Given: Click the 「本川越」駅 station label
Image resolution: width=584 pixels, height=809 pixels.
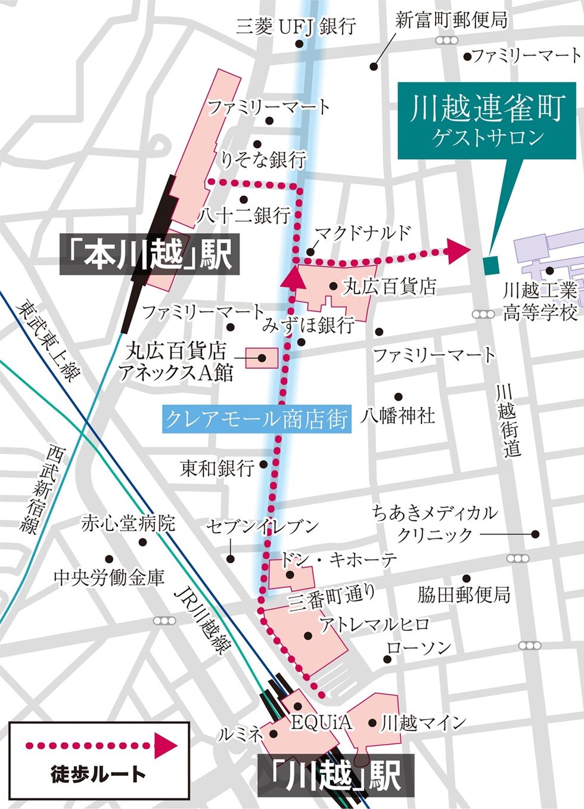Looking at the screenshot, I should [x=149, y=255].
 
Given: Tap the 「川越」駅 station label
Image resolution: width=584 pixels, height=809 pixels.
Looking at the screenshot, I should [x=336, y=775].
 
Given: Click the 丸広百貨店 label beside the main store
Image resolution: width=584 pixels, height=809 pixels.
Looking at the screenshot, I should [x=390, y=287].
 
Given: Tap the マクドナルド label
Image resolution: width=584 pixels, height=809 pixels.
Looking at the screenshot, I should [x=362, y=233].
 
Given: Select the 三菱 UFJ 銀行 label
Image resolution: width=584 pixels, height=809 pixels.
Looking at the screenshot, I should [x=296, y=26].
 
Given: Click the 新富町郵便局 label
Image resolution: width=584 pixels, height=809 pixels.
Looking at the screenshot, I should [x=451, y=20].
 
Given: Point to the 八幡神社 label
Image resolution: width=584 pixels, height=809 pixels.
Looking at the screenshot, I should [x=397, y=415].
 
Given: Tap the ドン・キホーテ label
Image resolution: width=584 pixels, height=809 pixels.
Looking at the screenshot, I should [x=338, y=560].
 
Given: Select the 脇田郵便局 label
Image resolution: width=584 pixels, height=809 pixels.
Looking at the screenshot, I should [x=463, y=594].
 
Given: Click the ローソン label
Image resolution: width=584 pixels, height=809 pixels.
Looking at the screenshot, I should [x=419, y=648].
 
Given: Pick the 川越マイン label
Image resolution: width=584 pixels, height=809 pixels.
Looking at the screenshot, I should [x=423, y=723].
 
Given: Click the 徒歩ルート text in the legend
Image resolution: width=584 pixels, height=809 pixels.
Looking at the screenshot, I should [x=98, y=774].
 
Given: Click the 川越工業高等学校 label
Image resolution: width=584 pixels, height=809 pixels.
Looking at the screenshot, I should [x=540, y=302].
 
